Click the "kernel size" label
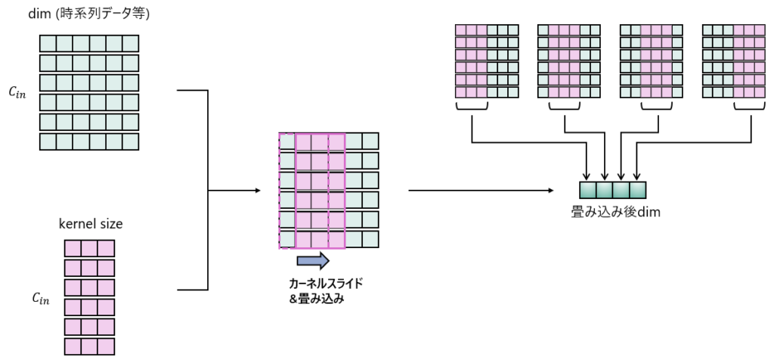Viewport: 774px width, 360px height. pyautogui.click(x=90, y=224)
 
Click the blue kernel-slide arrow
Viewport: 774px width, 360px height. pyautogui.click(x=313, y=261)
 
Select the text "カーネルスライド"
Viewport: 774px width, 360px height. pyautogui.click(x=325, y=283)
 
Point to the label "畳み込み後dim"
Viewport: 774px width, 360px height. pyautogui.click(x=616, y=213)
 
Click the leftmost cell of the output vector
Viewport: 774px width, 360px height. pyautogui.click(x=588, y=191)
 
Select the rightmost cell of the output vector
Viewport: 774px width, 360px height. pyautogui.click(x=639, y=191)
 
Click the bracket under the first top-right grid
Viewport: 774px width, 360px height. pyautogui.click(x=472, y=110)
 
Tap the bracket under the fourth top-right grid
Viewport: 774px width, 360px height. pyautogui.click(x=749, y=110)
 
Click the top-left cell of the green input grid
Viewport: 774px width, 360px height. pyautogui.click(x=48, y=42)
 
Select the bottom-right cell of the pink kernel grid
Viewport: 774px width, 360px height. pyautogui.click(x=106, y=346)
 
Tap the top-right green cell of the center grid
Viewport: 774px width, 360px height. pyautogui.click(x=370, y=141)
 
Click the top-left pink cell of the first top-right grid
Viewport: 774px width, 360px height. pyautogui.click(x=460, y=30)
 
